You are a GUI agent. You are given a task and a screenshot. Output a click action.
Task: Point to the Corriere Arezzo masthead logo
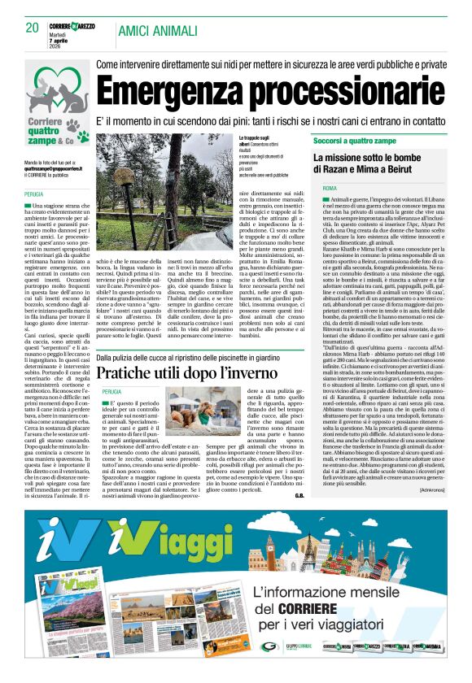point(76,26)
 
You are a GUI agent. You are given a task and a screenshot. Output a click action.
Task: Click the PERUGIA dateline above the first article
point(33,194)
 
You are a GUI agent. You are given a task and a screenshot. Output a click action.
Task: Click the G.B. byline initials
point(299,495)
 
